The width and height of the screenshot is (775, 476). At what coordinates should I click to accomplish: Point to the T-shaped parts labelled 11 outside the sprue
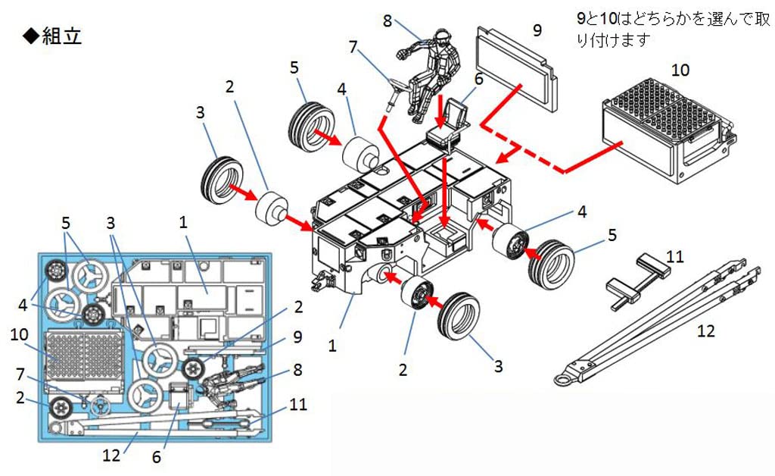(640, 277)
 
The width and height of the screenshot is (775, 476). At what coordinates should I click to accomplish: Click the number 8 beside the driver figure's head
(387, 20)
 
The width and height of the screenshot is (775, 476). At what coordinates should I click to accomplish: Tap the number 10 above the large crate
(680, 70)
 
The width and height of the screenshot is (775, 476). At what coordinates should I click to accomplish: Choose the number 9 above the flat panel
(537, 30)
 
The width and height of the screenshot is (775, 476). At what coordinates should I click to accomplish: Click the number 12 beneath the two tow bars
(705, 330)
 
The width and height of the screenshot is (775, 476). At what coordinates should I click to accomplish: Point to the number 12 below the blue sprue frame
(111, 456)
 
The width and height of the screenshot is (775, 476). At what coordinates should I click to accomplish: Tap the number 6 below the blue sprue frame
(156, 457)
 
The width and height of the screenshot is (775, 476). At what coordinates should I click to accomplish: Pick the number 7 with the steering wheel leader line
(352, 47)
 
